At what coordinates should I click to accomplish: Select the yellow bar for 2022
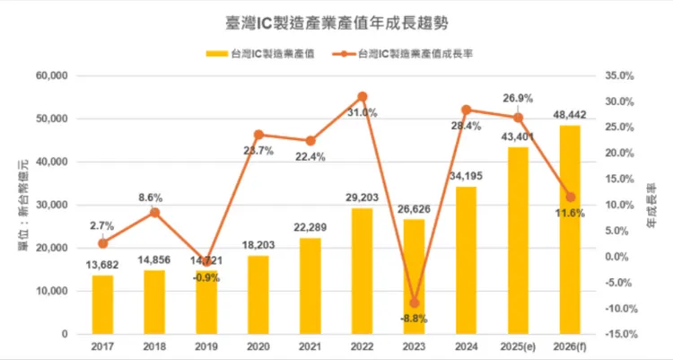click(x=363, y=271)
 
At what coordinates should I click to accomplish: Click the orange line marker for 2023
click(x=414, y=303)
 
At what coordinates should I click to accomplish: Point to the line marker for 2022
click(x=363, y=96)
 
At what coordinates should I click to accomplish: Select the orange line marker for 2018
click(x=154, y=213)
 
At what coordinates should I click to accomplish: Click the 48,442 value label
click(x=570, y=115)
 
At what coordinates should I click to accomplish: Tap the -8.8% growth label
click(x=414, y=319)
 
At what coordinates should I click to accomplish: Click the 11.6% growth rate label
click(x=569, y=213)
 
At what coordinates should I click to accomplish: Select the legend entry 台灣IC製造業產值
click(x=269, y=54)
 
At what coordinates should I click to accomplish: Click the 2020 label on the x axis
click(x=258, y=347)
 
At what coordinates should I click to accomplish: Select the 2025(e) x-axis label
click(x=518, y=347)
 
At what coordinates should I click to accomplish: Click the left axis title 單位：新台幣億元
click(x=19, y=206)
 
